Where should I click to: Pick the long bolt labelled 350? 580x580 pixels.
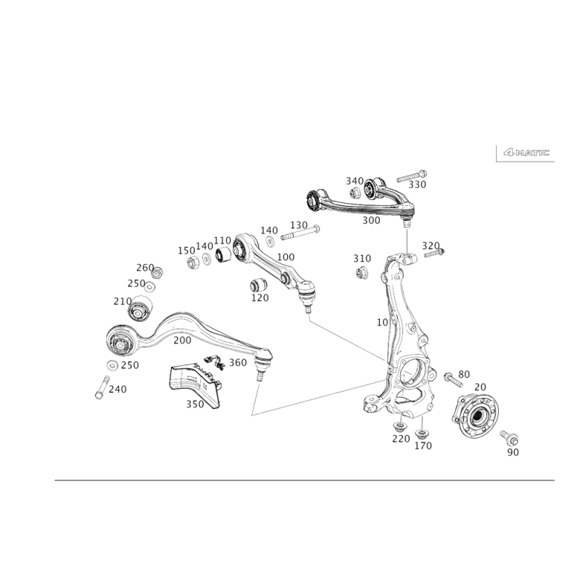click(x=410, y=176)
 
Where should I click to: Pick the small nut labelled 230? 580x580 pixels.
click(x=112, y=364)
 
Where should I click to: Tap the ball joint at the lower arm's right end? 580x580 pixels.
click(x=265, y=357)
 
